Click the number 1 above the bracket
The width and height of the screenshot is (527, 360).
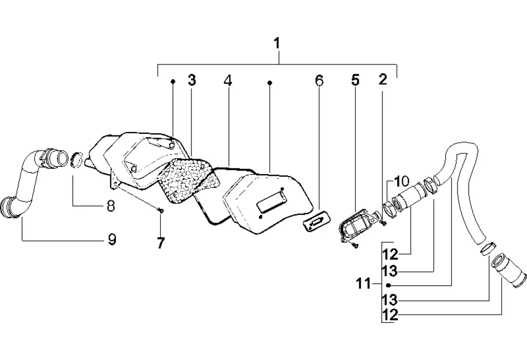(276, 43)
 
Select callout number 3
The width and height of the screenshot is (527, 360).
(191, 80)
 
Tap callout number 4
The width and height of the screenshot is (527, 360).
(228, 80)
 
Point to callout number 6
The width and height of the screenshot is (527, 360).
(319, 80)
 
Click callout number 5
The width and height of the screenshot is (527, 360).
(355, 80)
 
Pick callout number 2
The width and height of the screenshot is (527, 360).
(383, 79)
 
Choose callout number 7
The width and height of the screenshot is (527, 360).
(161, 243)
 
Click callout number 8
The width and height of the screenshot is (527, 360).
(111, 206)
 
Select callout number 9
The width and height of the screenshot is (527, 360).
(112, 239)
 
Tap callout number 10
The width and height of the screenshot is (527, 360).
(401, 181)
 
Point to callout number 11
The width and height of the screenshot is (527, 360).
(363, 284)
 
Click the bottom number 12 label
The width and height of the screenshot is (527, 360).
(390, 315)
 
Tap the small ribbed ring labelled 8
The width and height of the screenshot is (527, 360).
(77, 159)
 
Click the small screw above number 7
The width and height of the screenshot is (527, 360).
(161, 211)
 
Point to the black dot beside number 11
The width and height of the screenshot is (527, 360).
(388, 285)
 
